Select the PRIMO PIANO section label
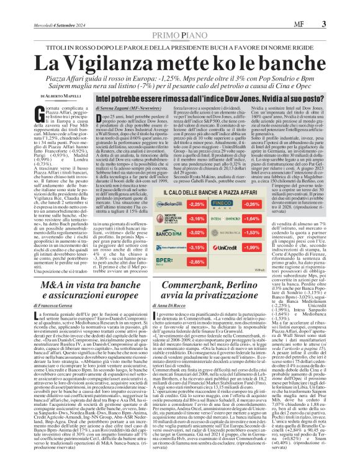[x=179, y=18]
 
